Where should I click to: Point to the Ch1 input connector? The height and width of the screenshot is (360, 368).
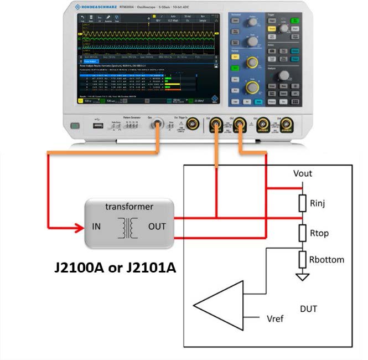[215, 125]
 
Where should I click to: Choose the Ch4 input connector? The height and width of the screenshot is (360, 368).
[286, 125]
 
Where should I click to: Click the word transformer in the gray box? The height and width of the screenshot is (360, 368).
[129, 207]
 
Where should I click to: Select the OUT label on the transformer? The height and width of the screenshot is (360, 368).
[156, 227]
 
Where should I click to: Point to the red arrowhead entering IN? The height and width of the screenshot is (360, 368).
[80, 227]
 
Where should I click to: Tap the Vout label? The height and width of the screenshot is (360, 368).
[303, 173]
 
